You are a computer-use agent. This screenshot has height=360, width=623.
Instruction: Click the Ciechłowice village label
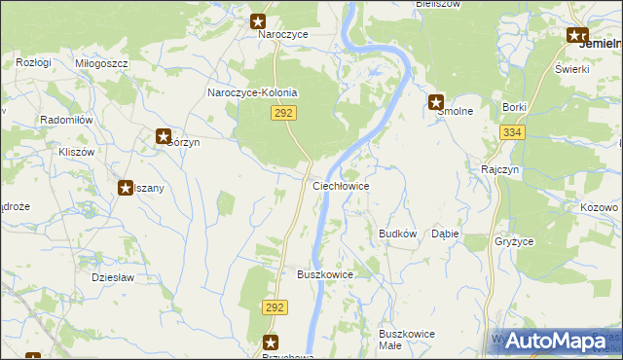[340, 185]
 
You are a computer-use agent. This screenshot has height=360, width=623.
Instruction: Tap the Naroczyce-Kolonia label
[252, 93]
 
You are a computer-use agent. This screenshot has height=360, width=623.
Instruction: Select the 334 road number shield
[512, 132]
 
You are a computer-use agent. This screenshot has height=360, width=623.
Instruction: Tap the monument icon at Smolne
[437, 101]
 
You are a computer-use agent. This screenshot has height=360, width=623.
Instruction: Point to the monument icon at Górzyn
[164, 137]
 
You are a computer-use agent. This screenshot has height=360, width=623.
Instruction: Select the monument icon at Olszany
[126, 188]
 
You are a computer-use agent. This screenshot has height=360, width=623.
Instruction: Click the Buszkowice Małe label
[407, 340]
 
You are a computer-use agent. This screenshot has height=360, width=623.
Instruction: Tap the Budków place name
[397, 234]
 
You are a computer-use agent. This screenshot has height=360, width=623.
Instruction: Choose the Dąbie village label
[445, 234]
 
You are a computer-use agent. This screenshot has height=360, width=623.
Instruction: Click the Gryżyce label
[512, 240]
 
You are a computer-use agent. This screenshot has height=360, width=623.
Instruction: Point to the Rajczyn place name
[498, 168]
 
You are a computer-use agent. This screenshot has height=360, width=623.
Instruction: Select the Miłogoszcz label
[101, 62]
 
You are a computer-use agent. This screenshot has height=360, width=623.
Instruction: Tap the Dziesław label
[111, 276]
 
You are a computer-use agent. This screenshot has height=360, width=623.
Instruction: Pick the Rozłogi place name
[33, 62]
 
